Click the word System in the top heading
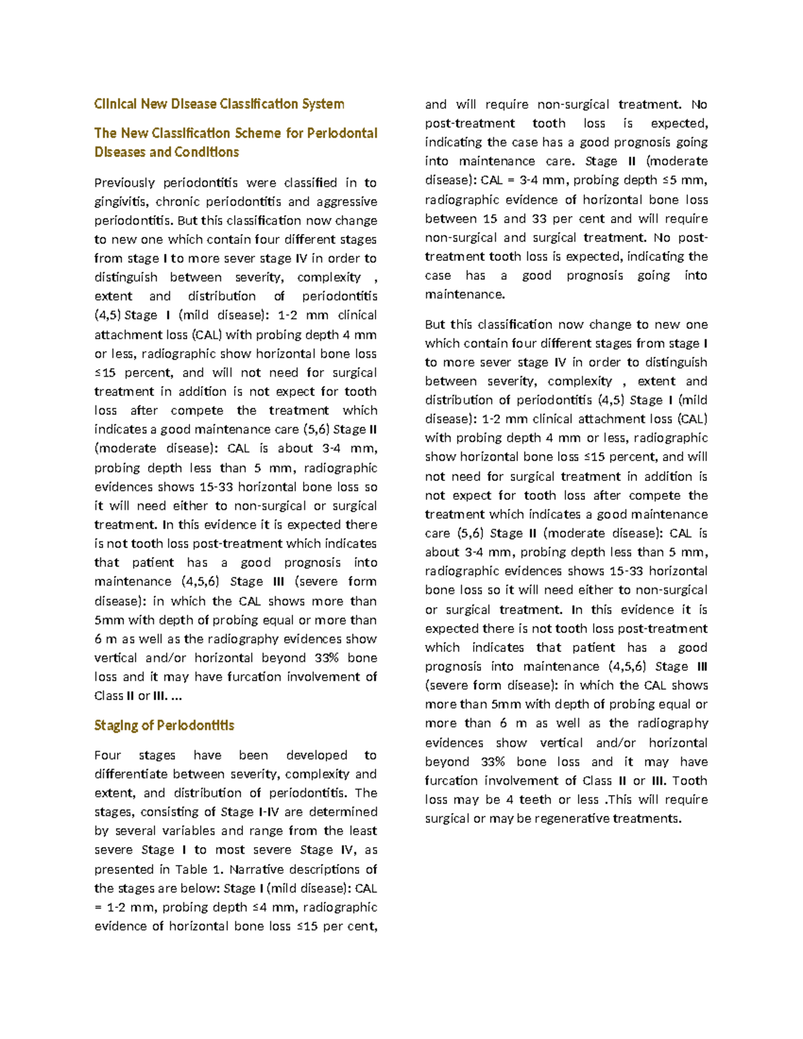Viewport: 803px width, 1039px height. tap(323, 104)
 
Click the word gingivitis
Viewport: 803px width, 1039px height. tap(120, 201)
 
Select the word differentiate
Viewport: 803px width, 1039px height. tap(130, 774)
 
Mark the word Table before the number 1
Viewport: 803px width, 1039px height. tap(191, 869)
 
